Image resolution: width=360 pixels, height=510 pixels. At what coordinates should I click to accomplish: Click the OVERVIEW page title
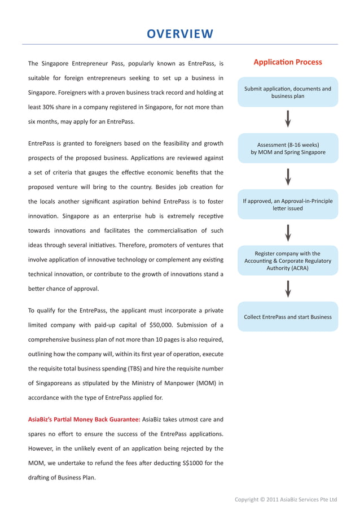click(x=180, y=34)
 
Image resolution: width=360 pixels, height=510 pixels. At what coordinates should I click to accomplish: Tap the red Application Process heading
click(x=288, y=62)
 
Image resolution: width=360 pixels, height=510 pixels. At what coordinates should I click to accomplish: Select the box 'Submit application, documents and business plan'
click(x=288, y=92)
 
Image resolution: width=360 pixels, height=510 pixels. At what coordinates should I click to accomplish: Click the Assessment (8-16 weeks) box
click(x=288, y=149)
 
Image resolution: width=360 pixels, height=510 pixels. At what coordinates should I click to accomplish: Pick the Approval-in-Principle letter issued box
click(x=288, y=204)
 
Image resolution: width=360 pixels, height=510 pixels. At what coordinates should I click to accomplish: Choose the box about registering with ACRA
click(x=288, y=261)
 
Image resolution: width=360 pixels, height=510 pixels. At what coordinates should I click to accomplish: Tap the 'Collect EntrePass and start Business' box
click(x=288, y=317)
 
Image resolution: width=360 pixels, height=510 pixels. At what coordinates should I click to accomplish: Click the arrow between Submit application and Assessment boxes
click(x=288, y=119)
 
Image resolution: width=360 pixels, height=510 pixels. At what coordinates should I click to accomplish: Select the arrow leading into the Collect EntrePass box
click(x=288, y=288)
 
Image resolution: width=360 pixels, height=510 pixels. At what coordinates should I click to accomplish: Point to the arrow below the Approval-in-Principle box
click(x=288, y=232)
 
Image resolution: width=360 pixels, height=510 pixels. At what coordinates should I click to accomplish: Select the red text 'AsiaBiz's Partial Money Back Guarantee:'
click(x=84, y=420)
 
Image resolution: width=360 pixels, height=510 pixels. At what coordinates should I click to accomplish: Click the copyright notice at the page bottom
click(x=286, y=499)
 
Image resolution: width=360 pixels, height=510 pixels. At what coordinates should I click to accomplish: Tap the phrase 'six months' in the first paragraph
click(x=43, y=121)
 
